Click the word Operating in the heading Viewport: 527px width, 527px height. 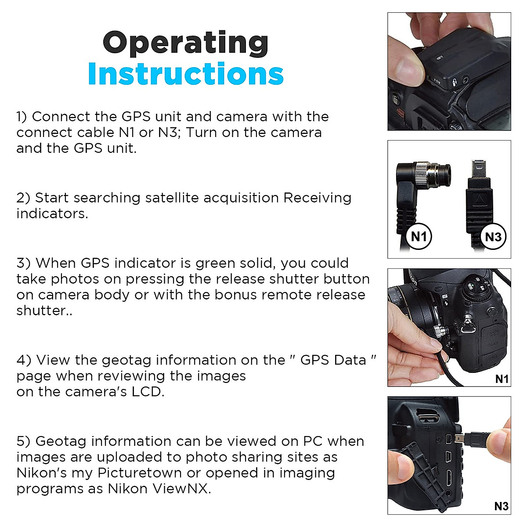[185, 43]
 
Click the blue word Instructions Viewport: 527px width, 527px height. [185, 74]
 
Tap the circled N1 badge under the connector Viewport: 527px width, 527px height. [419, 237]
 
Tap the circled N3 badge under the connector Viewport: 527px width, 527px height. [493, 237]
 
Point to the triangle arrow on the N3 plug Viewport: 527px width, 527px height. [480, 201]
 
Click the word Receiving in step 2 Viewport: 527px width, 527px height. [317, 198]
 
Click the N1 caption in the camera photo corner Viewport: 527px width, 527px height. [501, 379]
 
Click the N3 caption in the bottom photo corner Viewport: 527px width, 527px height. [501, 506]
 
